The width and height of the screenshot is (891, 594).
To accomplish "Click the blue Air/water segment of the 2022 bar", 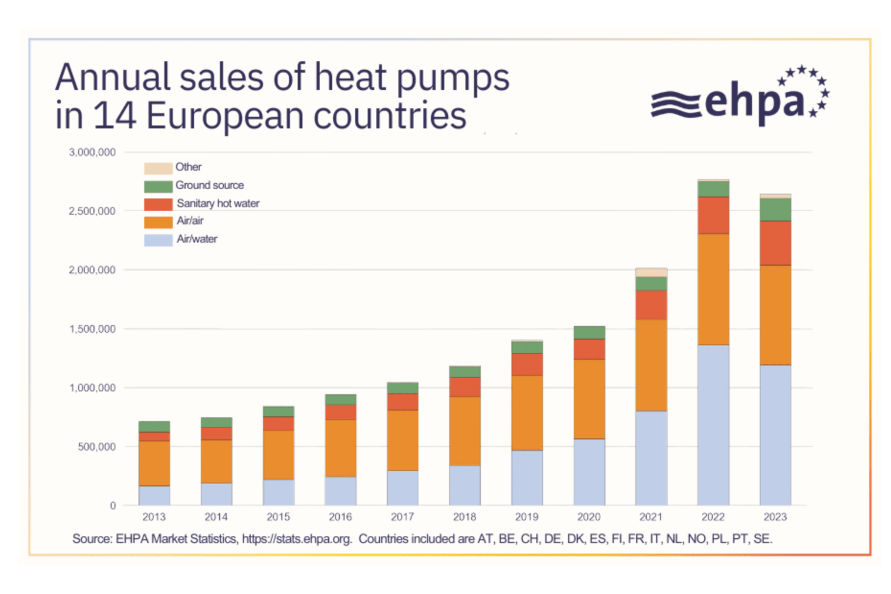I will point(713,425).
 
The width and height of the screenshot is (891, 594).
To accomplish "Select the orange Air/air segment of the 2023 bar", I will point(775,315).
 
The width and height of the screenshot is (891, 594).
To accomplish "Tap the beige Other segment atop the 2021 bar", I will point(651,272).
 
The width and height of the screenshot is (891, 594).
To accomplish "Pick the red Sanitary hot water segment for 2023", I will point(775,243).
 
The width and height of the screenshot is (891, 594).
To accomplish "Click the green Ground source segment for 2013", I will point(154,426).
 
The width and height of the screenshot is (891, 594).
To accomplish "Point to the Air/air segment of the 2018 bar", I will point(465,431).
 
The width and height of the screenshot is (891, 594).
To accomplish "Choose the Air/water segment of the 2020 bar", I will point(589,472).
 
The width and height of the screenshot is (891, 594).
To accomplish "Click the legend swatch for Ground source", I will point(158,186).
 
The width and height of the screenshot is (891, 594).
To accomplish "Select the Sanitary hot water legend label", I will point(218,204).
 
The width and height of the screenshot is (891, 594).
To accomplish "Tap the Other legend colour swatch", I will point(158,168).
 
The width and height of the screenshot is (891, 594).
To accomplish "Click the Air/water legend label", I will point(197,239).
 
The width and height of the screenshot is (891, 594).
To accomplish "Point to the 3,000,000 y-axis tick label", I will point(92,153).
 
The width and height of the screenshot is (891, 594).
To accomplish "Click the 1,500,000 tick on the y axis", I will point(92,329).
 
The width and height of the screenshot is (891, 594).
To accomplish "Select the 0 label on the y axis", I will point(113,506).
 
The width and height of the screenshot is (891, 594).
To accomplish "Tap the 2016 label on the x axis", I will point(340,517).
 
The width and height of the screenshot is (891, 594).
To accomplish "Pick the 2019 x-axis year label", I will point(527,517).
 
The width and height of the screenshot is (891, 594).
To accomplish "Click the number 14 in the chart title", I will point(114,115).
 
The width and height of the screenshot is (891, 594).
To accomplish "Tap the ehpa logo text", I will point(754,102).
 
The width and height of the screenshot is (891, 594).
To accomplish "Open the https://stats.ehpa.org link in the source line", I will point(296,539).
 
